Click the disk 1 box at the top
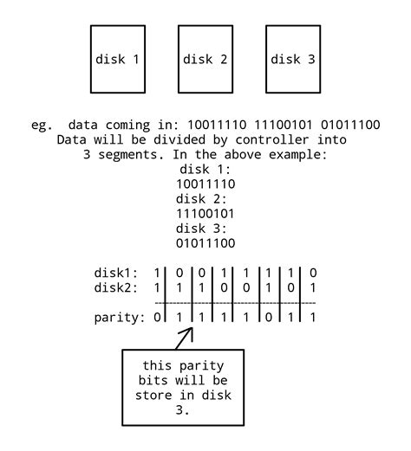[117, 59]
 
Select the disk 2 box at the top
[205, 59]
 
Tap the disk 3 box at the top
[292, 59]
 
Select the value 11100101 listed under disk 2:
[205, 214]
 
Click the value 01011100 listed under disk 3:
[205, 243]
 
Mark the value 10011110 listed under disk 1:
[205, 184]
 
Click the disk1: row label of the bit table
[117, 273]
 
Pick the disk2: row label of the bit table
[117, 287]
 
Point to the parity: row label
[120, 318]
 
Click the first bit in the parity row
[156, 318]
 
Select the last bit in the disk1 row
[313, 273]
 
